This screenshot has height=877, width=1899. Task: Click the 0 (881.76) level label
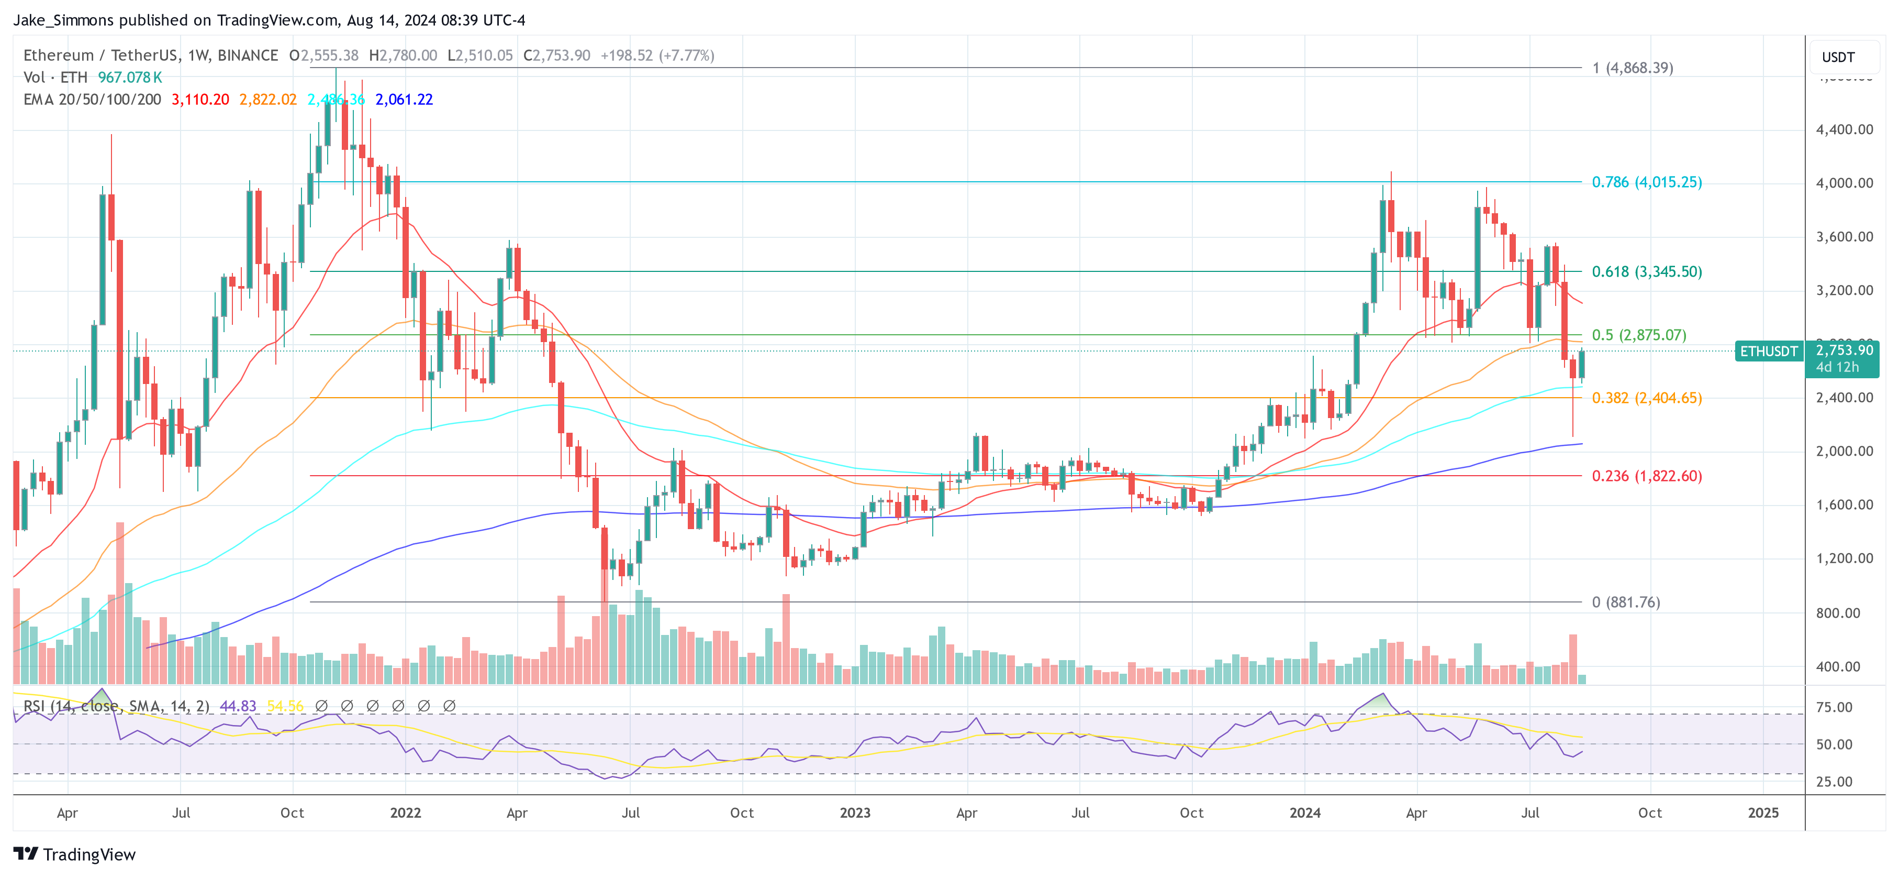tap(1625, 602)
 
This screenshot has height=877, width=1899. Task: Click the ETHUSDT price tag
tap(1769, 351)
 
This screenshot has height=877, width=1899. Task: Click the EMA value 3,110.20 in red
tap(200, 99)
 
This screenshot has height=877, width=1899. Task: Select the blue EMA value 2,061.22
tap(404, 99)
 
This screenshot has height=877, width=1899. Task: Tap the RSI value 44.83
tap(238, 706)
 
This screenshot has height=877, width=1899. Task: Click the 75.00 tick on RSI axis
tap(1834, 707)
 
